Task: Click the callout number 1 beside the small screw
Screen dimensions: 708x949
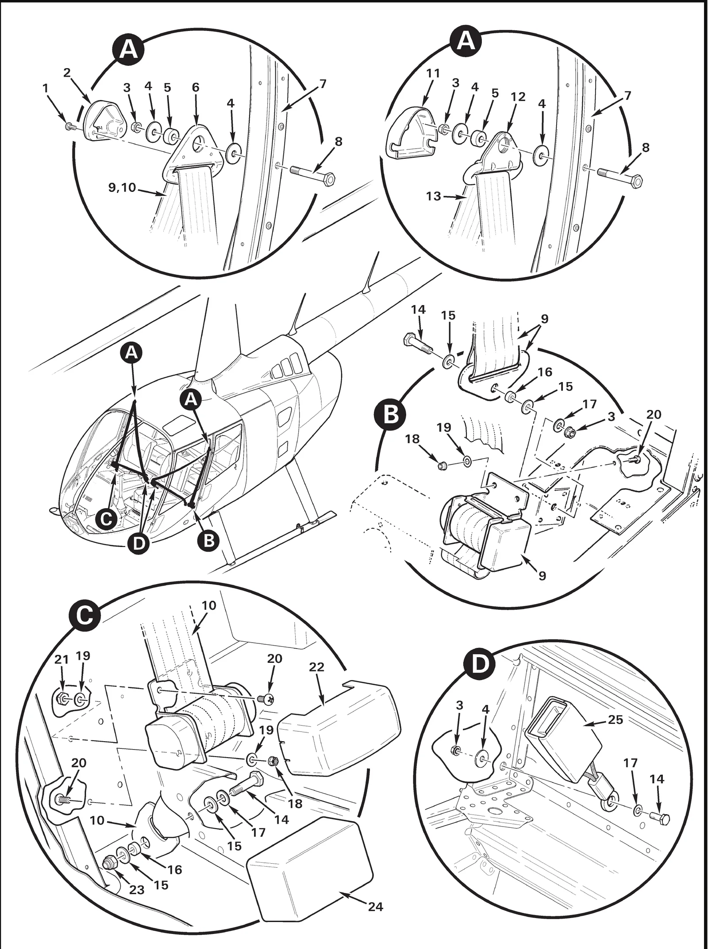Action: pyautogui.click(x=45, y=88)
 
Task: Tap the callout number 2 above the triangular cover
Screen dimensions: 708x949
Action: pyautogui.click(x=67, y=73)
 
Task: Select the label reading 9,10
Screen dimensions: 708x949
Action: pyautogui.click(x=122, y=188)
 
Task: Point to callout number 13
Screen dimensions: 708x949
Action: pyautogui.click(x=434, y=195)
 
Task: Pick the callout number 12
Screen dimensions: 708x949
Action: pyautogui.click(x=518, y=97)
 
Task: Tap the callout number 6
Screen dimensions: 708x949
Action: pyautogui.click(x=195, y=87)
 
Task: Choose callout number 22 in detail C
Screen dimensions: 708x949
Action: pyautogui.click(x=317, y=667)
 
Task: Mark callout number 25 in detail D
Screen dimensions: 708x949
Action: pyautogui.click(x=616, y=720)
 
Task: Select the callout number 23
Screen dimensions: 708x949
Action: pyautogui.click(x=137, y=865)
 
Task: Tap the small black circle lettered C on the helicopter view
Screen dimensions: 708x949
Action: pyautogui.click(x=106, y=520)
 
